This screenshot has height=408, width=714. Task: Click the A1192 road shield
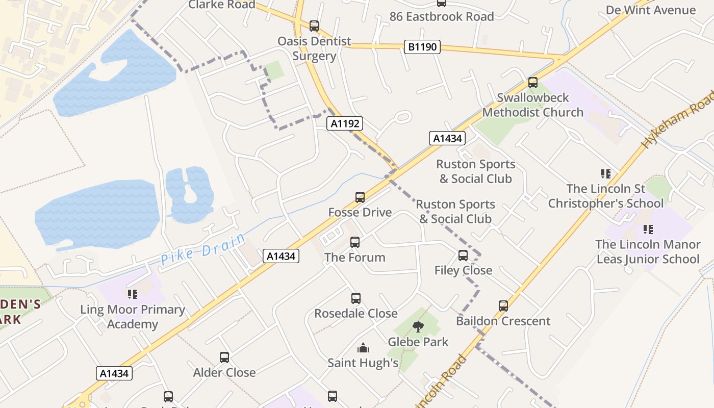pyautogui.click(x=345, y=123)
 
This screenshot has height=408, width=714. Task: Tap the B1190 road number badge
pyautogui.click(x=422, y=47)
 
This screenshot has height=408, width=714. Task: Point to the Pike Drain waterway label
pyautogui.click(x=203, y=249)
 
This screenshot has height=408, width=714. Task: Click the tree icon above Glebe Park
pyautogui.click(x=418, y=327)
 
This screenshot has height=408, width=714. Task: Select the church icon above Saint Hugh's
pyautogui.click(x=363, y=348)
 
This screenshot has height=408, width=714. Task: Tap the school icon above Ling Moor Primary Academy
pyautogui.click(x=133, y=294)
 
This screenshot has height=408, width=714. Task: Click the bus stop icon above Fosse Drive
pyautogui.click(x=360, y=197)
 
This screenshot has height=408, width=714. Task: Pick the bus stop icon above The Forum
pyautogui.click(x=355, y=242)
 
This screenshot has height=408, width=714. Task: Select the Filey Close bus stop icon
pyautogui.click(x=463, y=255)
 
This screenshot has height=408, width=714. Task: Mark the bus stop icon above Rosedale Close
pyautogui.click(x=356, y=298)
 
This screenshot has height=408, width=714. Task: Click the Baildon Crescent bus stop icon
pyautogui.click(x=503, y=305)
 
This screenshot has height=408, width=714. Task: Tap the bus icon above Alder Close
pyautogui.click(x=224, y=357)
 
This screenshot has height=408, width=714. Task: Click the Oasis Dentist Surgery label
pyautogui.click(x=314, y=48)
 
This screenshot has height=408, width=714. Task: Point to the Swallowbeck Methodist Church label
pyautogui.click(x=532, y=105)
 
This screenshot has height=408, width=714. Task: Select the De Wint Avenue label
pyautogui.click(x=650, y=10)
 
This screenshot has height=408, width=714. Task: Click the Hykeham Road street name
pyautogui.click(x=678, y=120)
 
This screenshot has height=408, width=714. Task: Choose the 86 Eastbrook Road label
pyautogui.click(x=442, y=16)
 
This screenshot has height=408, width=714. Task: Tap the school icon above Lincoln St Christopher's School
pyautogui.click(x=606, y=174)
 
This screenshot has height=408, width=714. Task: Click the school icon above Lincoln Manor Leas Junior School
pyautogui.click(x=648, y=229)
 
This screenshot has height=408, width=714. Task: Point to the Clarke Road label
pyautogui.click(x=222, y=5)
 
